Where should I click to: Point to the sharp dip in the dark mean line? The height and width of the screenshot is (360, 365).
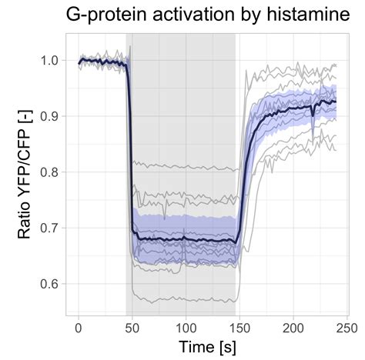[x=312, y=116]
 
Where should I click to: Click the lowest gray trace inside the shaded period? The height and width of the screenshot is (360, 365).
[x=185, y=301]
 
